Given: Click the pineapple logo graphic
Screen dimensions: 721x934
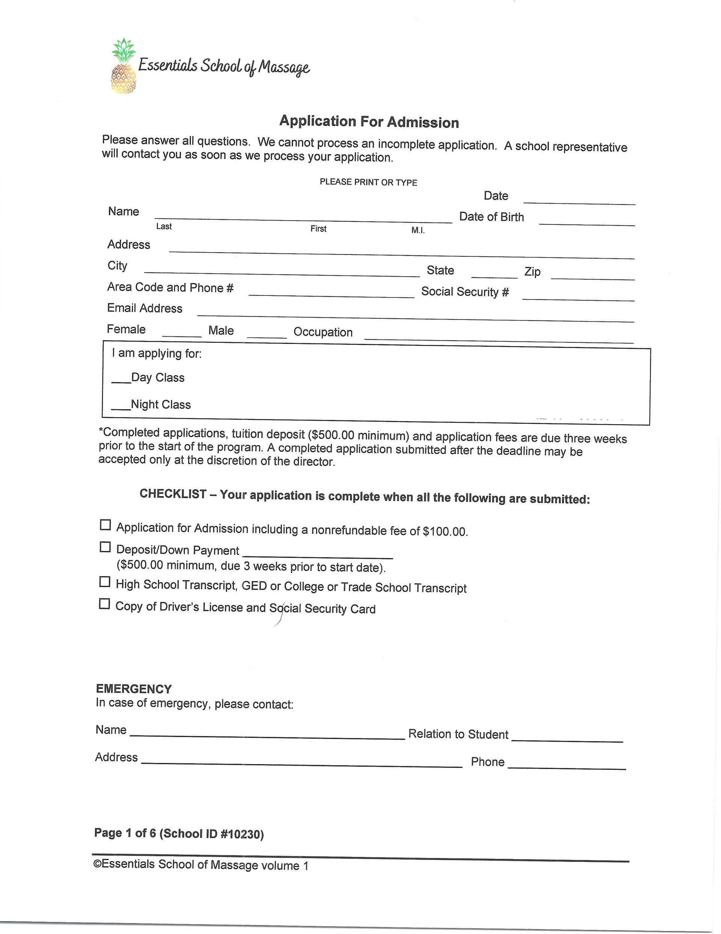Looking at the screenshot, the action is (124, 66).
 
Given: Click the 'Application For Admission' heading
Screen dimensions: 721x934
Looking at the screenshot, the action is (369, 122).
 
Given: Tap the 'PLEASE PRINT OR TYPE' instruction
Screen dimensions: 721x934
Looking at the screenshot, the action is (368, 182).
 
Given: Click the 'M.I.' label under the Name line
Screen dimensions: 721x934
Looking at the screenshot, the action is (418, 230).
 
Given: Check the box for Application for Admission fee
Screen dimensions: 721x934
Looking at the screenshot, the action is (105, 525).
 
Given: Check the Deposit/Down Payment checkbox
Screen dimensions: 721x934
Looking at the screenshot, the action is (105, 547).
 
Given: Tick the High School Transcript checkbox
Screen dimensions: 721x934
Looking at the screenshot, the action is (105, 581).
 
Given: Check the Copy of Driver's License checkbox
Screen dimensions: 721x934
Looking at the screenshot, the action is (104, 604).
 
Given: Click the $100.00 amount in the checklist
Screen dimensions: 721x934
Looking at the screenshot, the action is (445, 531).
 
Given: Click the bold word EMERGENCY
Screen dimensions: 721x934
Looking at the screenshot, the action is (134, 689).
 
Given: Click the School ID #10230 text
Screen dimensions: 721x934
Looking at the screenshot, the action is (211, 834).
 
